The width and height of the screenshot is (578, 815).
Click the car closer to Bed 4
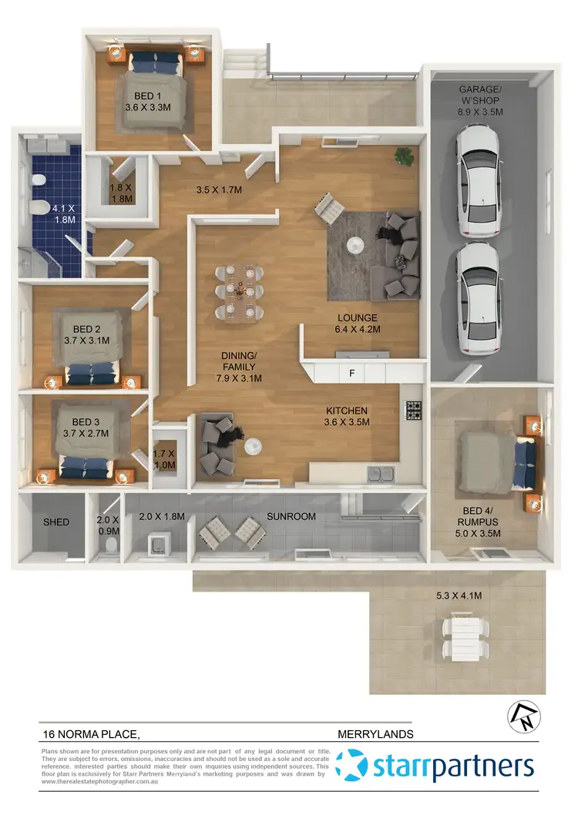[478, 300]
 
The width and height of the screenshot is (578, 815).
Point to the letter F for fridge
[352, 374]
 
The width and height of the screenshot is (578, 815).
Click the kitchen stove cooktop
[413, 410]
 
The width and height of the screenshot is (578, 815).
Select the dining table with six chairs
[241, 290]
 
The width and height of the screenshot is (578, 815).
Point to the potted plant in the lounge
[403, 156]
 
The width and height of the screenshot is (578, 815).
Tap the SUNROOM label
[291, 516]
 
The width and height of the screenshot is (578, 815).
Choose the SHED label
[55, 522]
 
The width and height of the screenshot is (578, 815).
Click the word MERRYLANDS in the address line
[375, 734]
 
